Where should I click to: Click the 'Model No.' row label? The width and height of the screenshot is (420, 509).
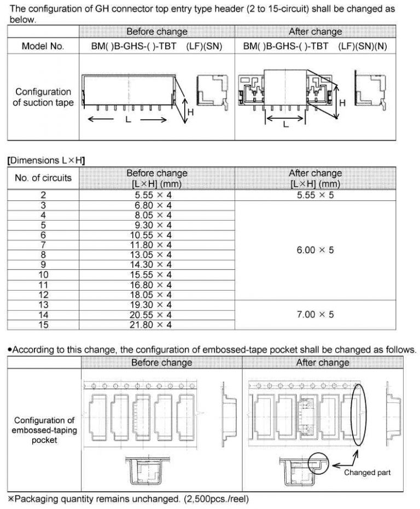[43, 46]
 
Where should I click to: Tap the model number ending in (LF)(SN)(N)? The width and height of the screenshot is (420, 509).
[315, 46]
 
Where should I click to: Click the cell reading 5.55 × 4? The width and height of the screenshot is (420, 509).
[157, 195]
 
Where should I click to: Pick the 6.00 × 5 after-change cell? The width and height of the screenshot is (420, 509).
[315, 250]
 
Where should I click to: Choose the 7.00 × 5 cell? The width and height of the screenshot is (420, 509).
[315, 315]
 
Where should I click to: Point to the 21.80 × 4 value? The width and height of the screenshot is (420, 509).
[157, 325]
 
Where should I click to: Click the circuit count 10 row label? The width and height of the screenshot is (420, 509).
[43, 275]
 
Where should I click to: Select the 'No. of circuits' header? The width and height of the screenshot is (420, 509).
[43, 178]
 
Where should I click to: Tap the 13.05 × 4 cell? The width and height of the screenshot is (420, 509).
[157, 255]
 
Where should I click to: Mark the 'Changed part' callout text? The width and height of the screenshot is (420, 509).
[367, 472]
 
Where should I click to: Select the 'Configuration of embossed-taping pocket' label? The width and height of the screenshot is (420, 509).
[44, 430]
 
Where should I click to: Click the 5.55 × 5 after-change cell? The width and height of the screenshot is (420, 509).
[315, 195]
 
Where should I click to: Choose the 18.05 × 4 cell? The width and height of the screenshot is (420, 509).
[157, 294]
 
